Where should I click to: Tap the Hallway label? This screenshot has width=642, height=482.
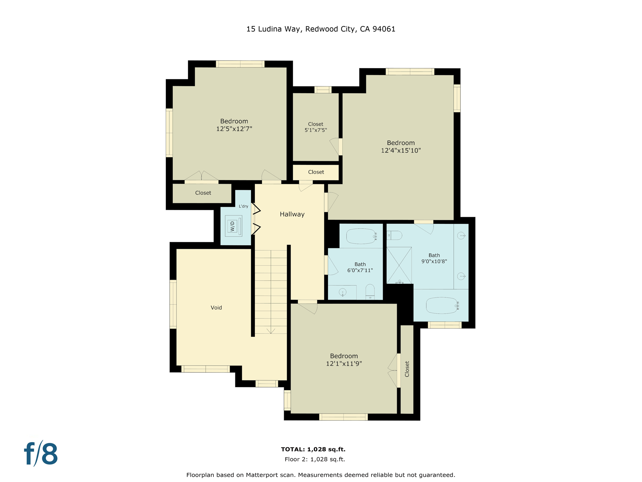point(292,214)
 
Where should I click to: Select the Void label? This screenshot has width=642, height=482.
point(216,308)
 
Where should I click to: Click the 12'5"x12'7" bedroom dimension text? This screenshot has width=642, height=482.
point(234,129)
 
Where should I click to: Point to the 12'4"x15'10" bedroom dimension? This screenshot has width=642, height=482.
point(401,151)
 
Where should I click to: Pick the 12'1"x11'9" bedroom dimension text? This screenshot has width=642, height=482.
point(344,364)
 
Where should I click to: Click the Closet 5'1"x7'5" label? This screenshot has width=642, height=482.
point(316,127)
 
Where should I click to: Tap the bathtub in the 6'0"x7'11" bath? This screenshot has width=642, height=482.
point(361,236)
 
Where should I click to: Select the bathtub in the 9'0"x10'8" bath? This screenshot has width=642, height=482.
point(442,305)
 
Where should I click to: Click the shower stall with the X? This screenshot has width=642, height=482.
point(399,265)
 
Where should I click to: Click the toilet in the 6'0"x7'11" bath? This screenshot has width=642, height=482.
point(370,292)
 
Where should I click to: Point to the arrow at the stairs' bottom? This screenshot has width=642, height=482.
point(271,331)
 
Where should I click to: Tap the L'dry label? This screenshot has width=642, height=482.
point(243,206)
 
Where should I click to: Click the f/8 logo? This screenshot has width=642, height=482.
point(41,454)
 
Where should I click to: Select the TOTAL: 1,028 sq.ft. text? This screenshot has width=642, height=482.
point(313,449)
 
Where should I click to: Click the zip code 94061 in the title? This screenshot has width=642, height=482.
point(384,29)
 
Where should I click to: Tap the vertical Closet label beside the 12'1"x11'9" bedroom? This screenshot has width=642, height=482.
point(407,369)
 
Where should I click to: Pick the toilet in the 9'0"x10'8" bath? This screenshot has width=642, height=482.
point(394,235)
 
